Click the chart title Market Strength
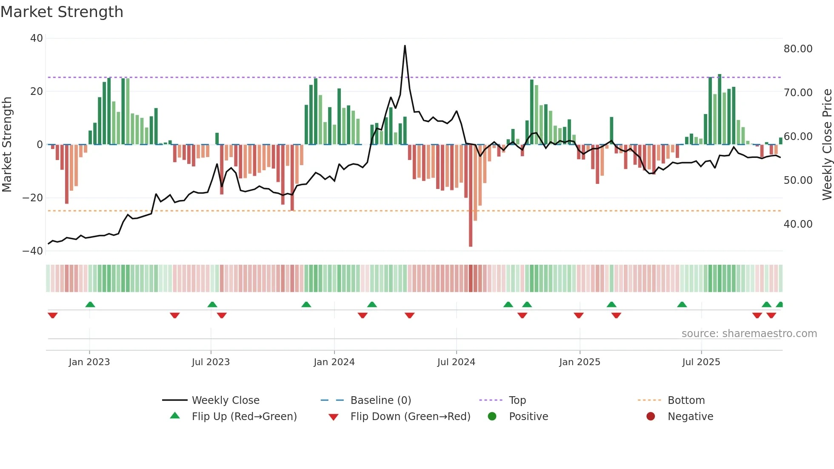(x=62, y=12)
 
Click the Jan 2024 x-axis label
(x=334, y=362)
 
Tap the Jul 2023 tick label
(x=211, y=362)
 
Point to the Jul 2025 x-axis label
(x=701, y=362)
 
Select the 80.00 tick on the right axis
(x=798, y=49)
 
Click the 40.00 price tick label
(x=798, y=224)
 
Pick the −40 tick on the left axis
(x=33, y=251)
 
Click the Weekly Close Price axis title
(x=827, y=145)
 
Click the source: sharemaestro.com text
(x=749, y=334)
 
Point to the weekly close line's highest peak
(x=405, y=46)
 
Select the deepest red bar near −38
(x=470, y=245)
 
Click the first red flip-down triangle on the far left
(x=53, y=315)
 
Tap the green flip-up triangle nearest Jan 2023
(x=90, y=304)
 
